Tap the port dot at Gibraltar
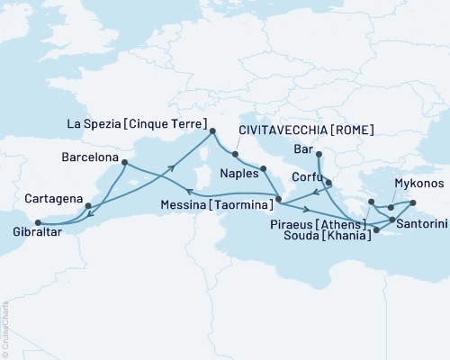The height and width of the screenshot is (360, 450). coord(37,222)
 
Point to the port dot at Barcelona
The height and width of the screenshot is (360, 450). coord(123,163)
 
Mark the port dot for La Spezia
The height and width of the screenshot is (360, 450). coord(212,132)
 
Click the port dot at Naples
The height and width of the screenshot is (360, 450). coord(263,169)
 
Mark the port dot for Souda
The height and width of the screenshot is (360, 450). coord(377,231)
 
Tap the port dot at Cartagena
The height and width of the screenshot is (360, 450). coord(88,206)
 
